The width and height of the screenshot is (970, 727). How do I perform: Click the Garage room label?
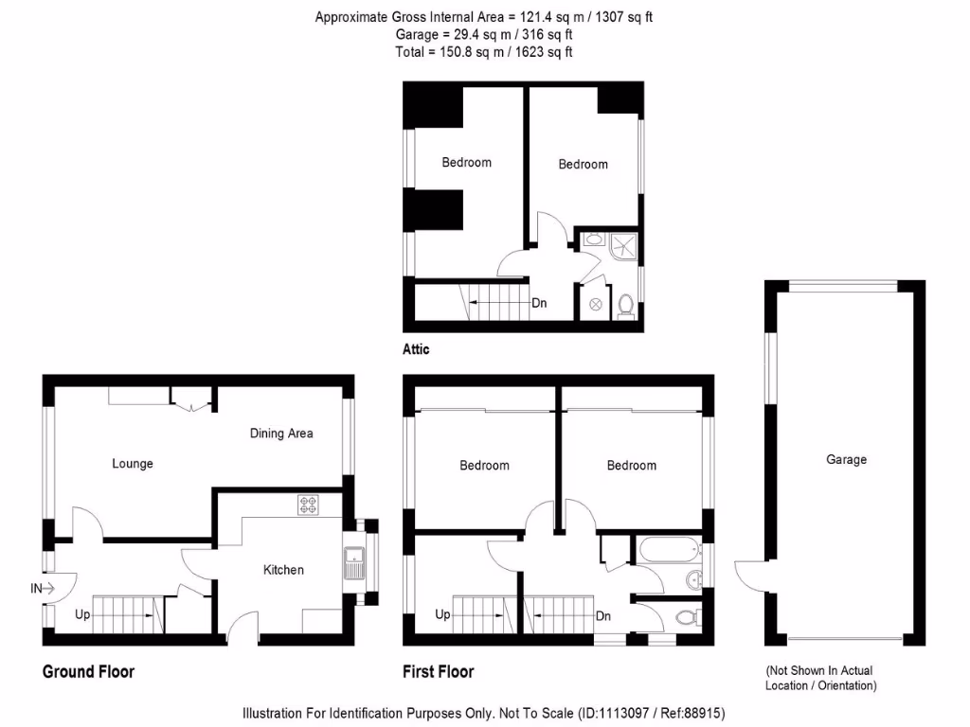pos(846,460)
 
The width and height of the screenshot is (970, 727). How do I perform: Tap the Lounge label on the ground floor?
pos(133,464)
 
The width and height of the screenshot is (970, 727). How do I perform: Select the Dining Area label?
pos(281,434)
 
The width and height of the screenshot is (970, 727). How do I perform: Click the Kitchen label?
pos(283,570)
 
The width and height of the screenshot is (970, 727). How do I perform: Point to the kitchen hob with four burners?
pos(310,505)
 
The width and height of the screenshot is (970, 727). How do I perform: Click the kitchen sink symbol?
pos(355,563)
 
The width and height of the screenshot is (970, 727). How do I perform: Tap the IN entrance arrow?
pos(44,589)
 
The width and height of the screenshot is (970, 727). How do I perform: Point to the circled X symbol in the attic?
pos(596,304)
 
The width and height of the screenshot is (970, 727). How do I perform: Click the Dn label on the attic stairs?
pos(539,304)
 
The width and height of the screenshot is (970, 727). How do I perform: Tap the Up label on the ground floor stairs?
pos(83,615)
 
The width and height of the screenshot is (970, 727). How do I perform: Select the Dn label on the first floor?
pos(603,616)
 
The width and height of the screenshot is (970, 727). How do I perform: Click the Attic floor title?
pos(416,349)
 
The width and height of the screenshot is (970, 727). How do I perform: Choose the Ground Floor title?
pos(88,672)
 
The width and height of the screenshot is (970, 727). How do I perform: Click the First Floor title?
pos(439,672)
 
